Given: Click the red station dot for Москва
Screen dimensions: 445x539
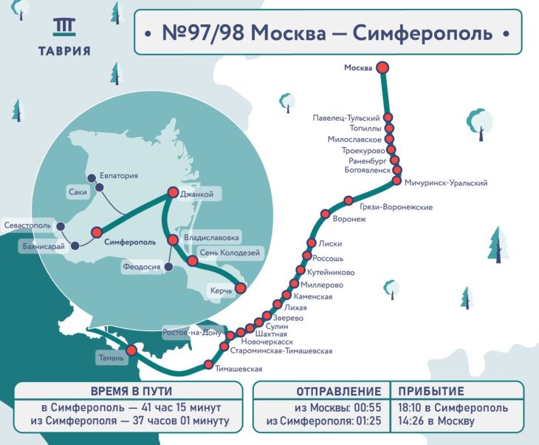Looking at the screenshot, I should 382,68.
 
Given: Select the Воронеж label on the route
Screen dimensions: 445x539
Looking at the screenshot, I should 350,220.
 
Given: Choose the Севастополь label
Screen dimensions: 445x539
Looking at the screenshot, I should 28,224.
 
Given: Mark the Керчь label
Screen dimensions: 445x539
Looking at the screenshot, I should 221,291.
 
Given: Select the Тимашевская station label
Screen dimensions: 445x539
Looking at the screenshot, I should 239,368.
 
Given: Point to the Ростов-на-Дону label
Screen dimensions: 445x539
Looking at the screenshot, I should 192,333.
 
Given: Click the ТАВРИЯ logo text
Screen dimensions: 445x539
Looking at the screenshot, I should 64,51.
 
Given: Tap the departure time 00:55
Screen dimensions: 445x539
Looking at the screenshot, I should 366,408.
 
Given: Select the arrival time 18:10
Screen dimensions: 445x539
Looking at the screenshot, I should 414,408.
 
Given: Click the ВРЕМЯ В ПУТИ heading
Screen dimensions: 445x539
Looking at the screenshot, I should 129,392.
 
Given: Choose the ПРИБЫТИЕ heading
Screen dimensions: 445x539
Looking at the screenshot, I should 431,392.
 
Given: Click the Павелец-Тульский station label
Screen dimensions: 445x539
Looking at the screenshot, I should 346,118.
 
